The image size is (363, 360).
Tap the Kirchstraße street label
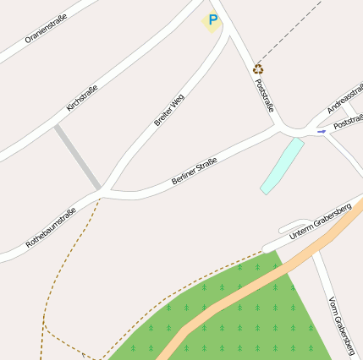(x=82, y=98)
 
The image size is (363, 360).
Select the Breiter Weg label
(x=169, y=111)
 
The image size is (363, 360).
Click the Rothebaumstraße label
(x=51, y=226)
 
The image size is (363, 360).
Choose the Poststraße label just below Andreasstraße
(x=349, y=123)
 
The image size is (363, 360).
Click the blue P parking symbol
(x=212, y=19)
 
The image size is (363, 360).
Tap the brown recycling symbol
(x=258, y=68)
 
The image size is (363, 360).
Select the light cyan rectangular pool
(x=282, y=166)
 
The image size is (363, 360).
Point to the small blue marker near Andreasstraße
(x=321, y=131)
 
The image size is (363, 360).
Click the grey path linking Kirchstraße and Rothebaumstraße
(x=78, y=157)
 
